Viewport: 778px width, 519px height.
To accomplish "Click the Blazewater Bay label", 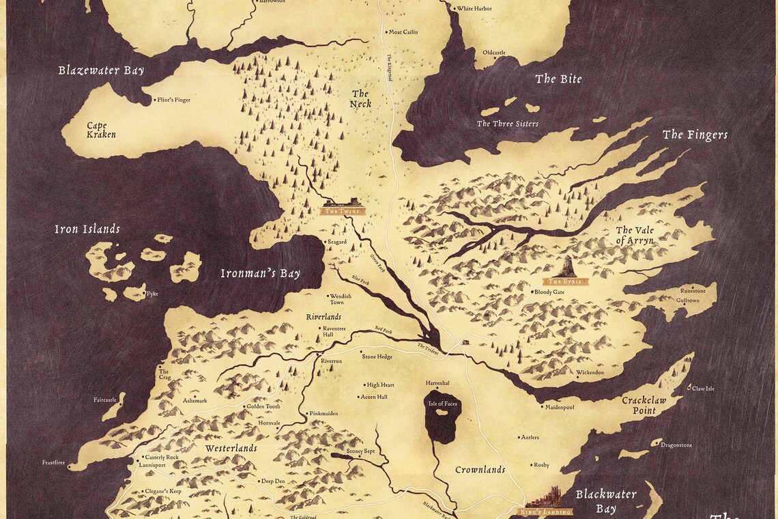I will (101, 70).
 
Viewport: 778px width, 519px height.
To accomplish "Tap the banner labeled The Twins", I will (343, 212).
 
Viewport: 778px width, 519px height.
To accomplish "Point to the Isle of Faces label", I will (442, 404).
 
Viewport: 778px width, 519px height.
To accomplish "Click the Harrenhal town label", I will (437, 383).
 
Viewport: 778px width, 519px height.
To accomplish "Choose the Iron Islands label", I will (87, 229).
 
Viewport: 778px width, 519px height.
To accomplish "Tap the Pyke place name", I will (152, 294).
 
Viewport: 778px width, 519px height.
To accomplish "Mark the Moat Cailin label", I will (403, 32).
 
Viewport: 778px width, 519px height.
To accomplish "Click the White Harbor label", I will (474, 9).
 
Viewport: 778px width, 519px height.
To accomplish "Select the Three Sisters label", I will (507, 124).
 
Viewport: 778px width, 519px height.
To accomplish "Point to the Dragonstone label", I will (676, 445).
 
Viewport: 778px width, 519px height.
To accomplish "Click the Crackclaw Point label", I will (643, 405).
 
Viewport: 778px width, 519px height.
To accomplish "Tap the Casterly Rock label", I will (162, 457).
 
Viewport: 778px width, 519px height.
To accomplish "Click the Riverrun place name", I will (331, 361).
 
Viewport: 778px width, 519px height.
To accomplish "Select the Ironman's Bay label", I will (260, 274).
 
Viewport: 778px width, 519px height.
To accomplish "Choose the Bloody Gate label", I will (549, 292).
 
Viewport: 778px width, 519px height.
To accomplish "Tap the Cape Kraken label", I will (101, 130).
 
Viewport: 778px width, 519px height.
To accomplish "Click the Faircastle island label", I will (105, 399).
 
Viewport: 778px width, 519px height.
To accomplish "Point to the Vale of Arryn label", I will (635, 235).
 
